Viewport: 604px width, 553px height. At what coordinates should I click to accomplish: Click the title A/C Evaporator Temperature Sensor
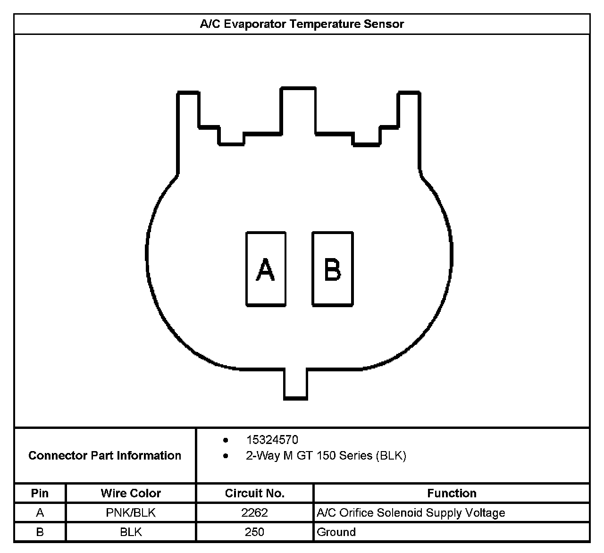pos(302,24)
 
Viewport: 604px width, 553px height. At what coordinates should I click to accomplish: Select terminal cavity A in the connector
pos(266,269)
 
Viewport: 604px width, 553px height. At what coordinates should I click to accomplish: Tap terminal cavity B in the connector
pos(332,269)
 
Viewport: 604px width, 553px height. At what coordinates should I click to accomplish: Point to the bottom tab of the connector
pos(296,384)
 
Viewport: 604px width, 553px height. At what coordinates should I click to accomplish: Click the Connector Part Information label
pos(105,455)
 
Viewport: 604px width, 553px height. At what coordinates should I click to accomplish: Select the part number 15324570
pos(272,440)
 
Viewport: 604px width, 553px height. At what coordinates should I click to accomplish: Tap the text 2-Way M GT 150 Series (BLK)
pos(326,456)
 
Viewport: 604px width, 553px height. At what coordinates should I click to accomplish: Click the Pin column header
pos(40,494)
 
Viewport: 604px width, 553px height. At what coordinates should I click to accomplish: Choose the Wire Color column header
pos(131,494)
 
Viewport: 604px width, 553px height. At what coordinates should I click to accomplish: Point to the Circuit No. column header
pos(254,494)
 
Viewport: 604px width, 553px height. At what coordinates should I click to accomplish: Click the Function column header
pos(452,494)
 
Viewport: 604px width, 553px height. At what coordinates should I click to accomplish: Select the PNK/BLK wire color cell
pos(131,513)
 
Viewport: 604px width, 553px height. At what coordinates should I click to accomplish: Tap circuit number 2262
pos(254,513)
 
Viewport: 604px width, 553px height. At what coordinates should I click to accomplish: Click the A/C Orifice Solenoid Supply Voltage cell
pos(411,513)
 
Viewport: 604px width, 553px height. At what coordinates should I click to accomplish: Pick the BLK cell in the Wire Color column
pos(131,532)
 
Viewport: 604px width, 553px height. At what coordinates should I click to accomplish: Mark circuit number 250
pos(254,532)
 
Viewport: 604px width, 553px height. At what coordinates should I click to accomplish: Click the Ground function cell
pos(336,532)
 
